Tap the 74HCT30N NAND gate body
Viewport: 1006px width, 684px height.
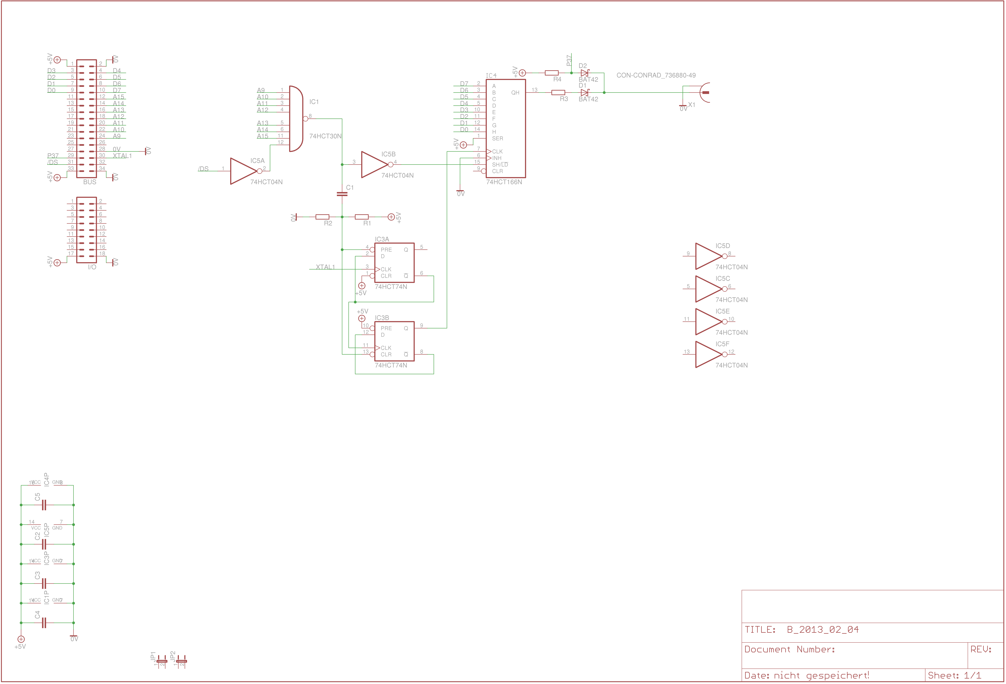click(296, 118)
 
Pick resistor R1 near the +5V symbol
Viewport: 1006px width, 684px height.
click(361, 217)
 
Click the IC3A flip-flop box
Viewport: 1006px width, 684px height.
click(394, 263)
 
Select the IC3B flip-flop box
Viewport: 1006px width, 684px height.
click(394, 341)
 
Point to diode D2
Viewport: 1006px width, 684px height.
click(584, 73)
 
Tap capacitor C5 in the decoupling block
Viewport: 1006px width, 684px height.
click(44, 505)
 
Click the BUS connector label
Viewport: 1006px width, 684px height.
click(90, 182)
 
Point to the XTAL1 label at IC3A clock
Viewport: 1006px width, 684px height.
click(325, 267)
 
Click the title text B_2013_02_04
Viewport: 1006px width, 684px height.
click(822, 629)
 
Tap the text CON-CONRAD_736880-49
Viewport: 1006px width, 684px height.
click(656, 75)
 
